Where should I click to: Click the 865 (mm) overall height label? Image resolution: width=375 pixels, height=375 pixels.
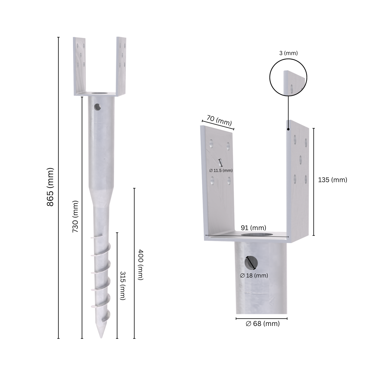(50, 187)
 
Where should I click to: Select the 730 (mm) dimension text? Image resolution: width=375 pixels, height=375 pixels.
(75, 216)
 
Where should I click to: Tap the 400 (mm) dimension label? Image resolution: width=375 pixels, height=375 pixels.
(140, 265)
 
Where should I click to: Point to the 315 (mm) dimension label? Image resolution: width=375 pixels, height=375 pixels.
(123, 286)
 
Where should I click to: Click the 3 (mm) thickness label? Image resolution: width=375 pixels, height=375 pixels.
(288, 53)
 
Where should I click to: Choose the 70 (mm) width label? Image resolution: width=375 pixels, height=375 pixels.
(219, 120)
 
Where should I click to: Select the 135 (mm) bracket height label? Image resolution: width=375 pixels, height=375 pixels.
(332, 180)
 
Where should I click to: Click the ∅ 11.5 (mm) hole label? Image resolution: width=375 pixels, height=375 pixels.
(221, 171)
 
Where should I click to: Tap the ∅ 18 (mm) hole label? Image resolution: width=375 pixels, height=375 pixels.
(254, 276)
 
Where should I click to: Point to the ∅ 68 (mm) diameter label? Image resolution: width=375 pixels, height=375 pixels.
(263, 324)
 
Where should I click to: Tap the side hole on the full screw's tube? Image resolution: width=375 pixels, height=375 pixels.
(97, 107)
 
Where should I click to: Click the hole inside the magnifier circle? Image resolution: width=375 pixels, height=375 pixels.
(292, 89)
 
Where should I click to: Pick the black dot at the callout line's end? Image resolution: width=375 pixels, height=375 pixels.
(288, 129)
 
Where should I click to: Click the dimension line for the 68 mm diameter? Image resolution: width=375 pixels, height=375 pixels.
(261, 318)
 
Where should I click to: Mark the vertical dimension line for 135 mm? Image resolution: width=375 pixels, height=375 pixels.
(313, 182)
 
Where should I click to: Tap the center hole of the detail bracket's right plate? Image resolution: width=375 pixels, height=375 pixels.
(301, 159)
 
